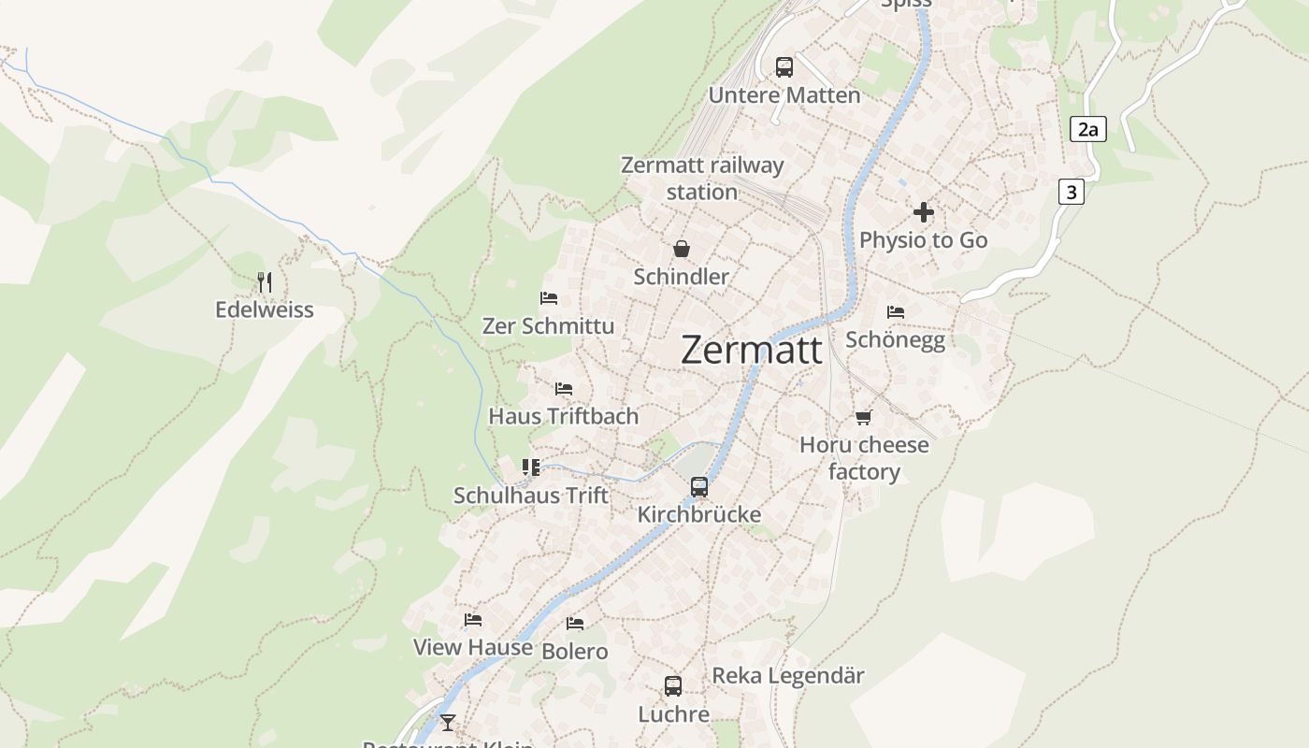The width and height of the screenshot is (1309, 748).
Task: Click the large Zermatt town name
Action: [752, 350]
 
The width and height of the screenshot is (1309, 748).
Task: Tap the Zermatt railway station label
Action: [702, 179]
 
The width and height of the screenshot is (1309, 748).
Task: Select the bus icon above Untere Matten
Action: [784, 67]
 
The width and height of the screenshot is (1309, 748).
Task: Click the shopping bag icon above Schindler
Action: [681, 249]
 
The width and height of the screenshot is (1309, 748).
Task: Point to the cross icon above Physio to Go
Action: [924, 212]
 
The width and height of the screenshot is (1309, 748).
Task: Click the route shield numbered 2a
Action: [1087, 129]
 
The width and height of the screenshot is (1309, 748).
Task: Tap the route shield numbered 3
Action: [1072, 193]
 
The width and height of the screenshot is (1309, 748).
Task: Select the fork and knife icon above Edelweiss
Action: [265, 281]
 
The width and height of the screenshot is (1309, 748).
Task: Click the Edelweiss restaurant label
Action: [265, 309]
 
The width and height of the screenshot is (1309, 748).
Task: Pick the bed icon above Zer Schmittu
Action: [549, 298]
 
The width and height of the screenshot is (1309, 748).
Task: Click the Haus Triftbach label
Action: [564, 416]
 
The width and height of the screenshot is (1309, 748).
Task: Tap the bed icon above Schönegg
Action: [896, 312]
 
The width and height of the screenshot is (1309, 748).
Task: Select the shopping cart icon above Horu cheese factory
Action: [863, 417]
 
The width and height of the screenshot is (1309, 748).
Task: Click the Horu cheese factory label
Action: [864, 458]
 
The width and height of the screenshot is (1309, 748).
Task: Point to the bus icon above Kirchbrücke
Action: [699, 487]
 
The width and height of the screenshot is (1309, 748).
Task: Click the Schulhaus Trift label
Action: [531, 496]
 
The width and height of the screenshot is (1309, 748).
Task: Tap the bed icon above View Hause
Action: [473, 619]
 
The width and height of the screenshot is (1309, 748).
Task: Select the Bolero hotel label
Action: [575, 651]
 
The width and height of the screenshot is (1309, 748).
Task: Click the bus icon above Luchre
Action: [673, 686]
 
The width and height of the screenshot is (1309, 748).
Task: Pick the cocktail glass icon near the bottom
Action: [448, 722]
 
